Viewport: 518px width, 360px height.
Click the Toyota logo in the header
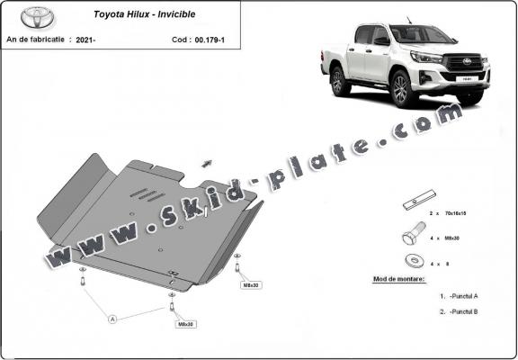[29, 17]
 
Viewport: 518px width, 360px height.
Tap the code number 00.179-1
[212, 40]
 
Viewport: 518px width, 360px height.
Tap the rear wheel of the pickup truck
[340, 82]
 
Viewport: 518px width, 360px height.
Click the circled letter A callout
[113, 318]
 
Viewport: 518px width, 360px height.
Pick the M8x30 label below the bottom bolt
[185, 324]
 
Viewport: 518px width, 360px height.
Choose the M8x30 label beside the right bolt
[249, 284]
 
